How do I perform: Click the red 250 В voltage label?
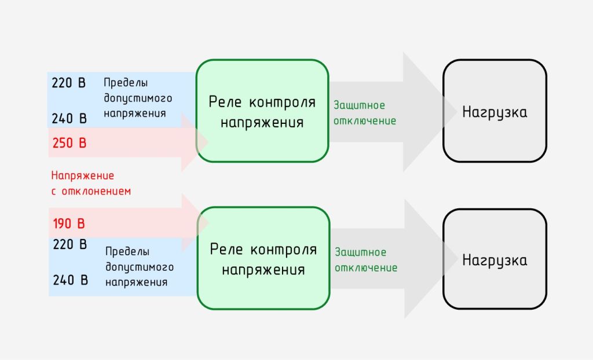(69, 143)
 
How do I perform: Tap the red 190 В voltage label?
(69, 223)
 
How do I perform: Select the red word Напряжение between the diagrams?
(82, 176)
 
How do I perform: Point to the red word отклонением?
(96, 192)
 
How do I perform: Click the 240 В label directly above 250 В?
(69, 119)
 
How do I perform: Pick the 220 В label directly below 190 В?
(70, 244)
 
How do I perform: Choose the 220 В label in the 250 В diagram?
(68, 83)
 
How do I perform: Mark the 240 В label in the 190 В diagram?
(70, 280)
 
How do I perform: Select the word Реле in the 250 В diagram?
(225, 102)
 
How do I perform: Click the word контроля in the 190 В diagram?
(284, 250)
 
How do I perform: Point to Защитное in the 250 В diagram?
(359, 105)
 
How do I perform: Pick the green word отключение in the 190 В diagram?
(366, 268)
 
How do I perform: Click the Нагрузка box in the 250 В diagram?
(495, 111)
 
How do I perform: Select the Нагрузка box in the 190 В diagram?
(495, 259)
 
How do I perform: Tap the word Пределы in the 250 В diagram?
(126, 83)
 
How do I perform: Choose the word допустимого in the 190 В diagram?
(139, 267)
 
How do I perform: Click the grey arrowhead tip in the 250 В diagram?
(457, 112)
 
